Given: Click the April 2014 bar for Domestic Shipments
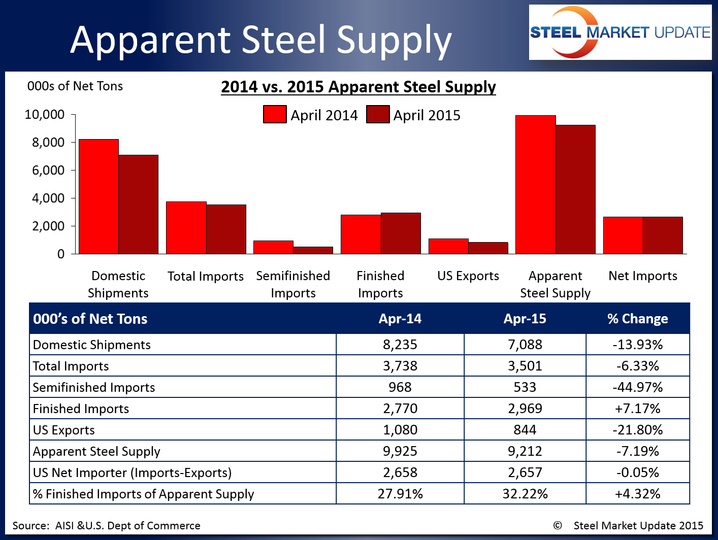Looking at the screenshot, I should tap(99, 196).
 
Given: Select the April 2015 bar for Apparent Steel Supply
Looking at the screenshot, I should tap(575, 189).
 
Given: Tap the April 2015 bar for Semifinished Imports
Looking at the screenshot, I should tap(313, 250).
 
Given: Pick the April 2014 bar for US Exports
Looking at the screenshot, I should tap(448, 246).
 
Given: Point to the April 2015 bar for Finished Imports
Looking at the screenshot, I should tap(401, 233).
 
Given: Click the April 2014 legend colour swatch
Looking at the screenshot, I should tap(275, 114).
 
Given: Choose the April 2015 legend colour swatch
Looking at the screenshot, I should tap(378, 114).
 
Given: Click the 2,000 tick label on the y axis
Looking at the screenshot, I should tap(49, 226).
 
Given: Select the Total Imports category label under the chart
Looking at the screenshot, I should tap(206, 276).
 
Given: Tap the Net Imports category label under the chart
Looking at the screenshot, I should tap(643, 276).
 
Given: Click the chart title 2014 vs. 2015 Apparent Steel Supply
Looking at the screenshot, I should tap(358, 87).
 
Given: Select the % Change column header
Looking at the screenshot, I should tap(638, 319).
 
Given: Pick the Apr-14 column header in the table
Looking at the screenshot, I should tap(400, 319).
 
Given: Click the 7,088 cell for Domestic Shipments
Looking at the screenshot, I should tap(525, 345).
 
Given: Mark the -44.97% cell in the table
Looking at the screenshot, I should tap(638, 387).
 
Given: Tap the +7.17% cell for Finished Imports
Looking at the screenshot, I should tap(638, 409).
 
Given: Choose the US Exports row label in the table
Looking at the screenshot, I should tap(64, 430).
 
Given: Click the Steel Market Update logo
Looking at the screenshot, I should tap(620, 32).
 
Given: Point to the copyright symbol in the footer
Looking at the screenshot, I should tap(558, 525).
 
